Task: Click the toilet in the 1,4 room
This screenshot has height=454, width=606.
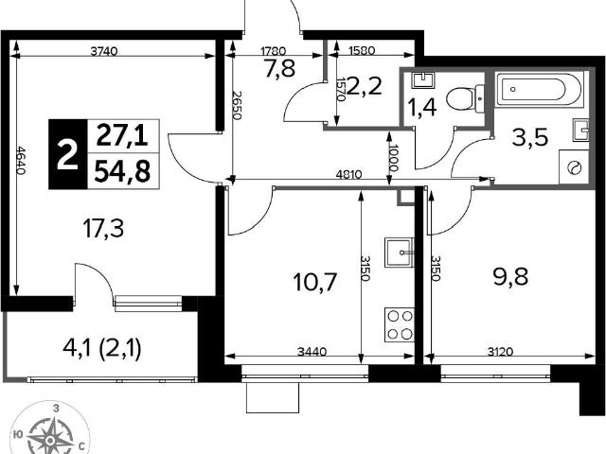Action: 465,98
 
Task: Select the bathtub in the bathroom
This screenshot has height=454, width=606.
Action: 540,90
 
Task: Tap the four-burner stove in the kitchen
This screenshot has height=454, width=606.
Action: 400,324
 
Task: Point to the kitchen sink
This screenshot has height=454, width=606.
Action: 400,253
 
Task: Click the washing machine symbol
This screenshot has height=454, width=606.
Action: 574,167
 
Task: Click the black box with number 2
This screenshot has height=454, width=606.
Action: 68,154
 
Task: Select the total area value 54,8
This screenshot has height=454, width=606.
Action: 122,171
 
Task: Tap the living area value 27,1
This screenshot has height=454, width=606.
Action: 122,135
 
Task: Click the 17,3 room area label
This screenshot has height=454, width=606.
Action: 103,228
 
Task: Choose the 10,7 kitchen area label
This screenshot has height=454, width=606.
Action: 315,282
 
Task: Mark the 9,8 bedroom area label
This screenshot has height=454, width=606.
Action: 510,276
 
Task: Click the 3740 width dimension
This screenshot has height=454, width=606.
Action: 103,51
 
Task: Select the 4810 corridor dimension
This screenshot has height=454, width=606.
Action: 349,174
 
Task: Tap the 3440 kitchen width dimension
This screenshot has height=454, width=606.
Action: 312,352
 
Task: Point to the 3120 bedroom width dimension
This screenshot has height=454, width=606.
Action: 500,352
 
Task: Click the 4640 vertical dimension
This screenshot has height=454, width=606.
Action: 21,160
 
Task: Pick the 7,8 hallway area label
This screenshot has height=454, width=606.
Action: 280,69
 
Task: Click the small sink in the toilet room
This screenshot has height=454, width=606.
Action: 423,79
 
